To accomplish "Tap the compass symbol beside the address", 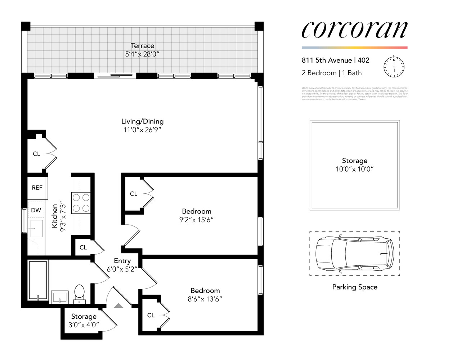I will [x=394, y=67].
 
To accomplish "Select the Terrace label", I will [x=142, y=46].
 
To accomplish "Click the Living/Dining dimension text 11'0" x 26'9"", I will [x=142, y=130].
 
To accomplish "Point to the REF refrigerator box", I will [x=37, y=188].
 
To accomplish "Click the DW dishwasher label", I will [x=36, y=210].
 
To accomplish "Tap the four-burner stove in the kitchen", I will [x=81, y=203].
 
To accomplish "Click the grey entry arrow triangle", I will [x=118, y=306].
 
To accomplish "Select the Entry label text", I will [x=122, y=261].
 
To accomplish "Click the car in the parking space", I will [x=355, y=253].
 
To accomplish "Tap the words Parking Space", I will [x=355, y=287].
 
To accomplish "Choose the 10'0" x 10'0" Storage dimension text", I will [x=355, y=169].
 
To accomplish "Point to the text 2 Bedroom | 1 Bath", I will [x=332, y=73].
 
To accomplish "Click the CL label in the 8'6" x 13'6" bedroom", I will [x=151, y=315].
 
